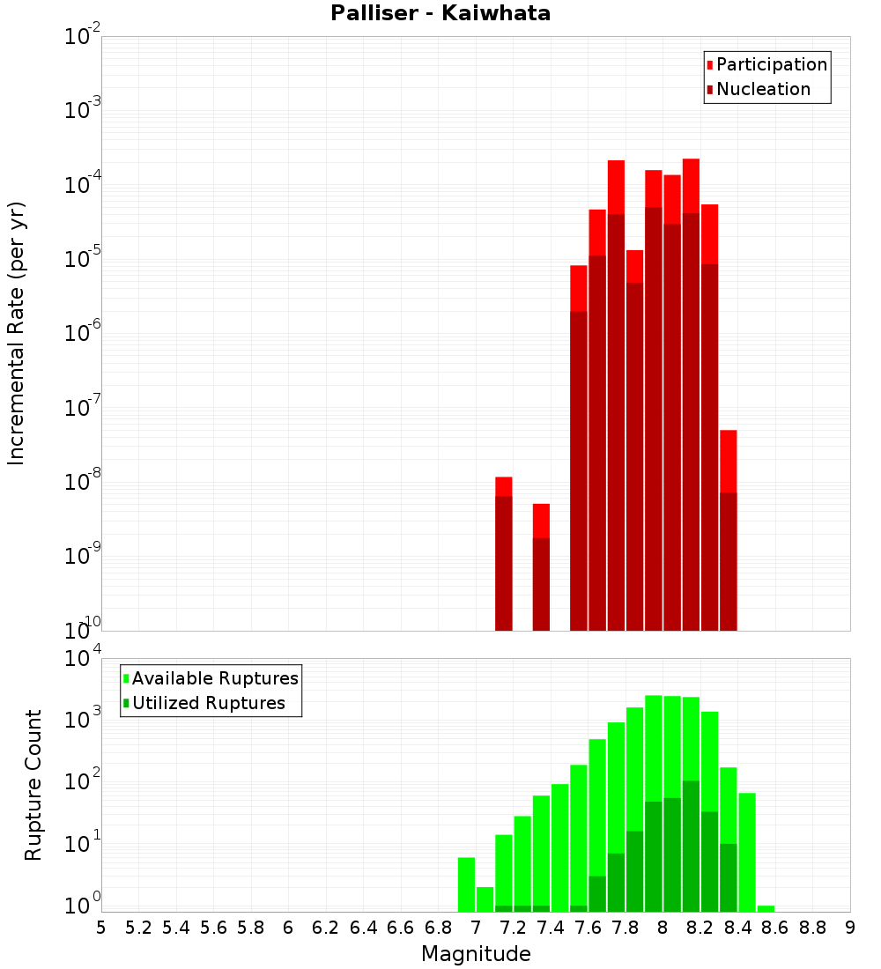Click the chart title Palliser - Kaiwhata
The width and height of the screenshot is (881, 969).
[x=440, y=14]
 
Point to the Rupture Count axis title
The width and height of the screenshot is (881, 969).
[x=33, y=785]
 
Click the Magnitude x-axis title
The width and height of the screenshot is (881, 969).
[x=476, y=953]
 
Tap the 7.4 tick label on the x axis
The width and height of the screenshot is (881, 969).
[x=550, y=927]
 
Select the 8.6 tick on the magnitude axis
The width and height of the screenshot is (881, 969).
[x=775, y=927]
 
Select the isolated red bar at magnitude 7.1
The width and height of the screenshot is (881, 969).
[x=504, y=555]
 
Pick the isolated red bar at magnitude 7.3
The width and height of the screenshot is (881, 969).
[x=541, y=568]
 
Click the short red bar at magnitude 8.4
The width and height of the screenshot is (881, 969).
[x=729, y=529]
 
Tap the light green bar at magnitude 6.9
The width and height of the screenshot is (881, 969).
[x=466, y=884]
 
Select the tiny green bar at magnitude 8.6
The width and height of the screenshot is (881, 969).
[x=766, y=908]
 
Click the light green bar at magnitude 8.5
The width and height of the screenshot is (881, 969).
[x=747, y=851]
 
